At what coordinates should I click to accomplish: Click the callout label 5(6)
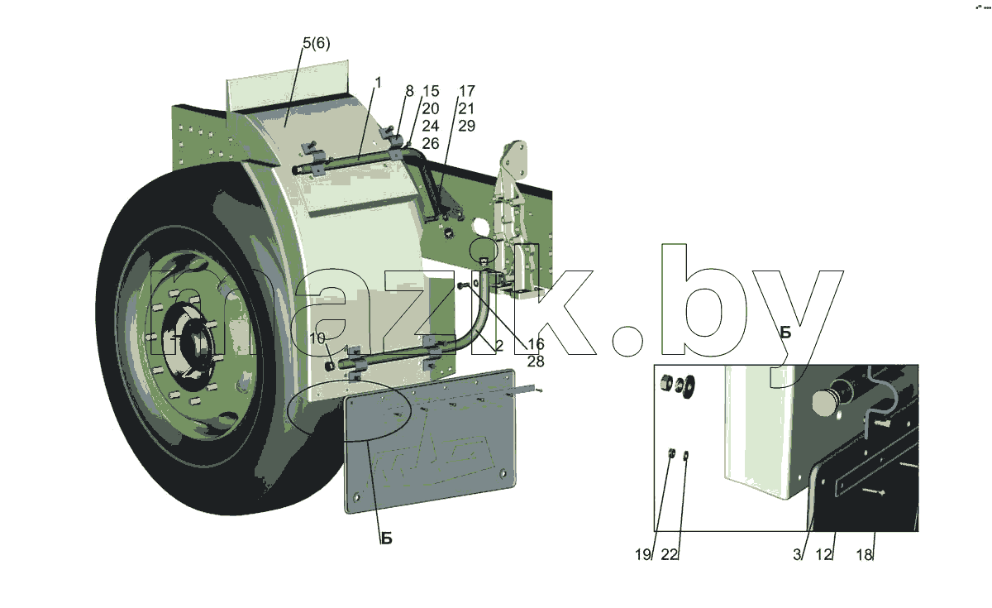pyautogui.click(x=316, y=43)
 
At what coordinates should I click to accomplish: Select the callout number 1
pyautogui.click(x=378, y=83)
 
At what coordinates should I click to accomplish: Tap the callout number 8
pyautogui.click(x=409, y=91)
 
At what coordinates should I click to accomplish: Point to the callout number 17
pyautogui.click(x=466, y=91)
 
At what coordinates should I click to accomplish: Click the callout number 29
pyautogui.click(x=466, y=126)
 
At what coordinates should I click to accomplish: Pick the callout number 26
pyautogui.click(x=430, y=143)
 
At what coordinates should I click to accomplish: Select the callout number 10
pyautogui.click(x=317, y=338)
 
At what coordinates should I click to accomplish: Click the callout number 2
pyautogui.click(x=499, y=345)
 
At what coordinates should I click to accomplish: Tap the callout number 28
pyautogui.click(x=536, y=361)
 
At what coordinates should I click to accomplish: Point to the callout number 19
pyautogui.click(x=643, y=554)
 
